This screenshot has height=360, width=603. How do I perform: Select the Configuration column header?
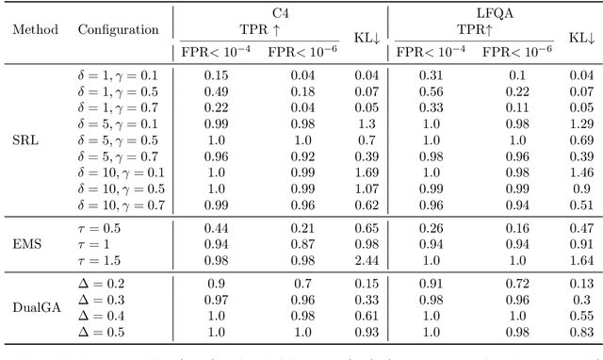(x=118, y=29)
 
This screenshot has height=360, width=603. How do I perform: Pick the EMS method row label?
(x=26, y=243)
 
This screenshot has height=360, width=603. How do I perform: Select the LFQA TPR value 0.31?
(x=429, y=75)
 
